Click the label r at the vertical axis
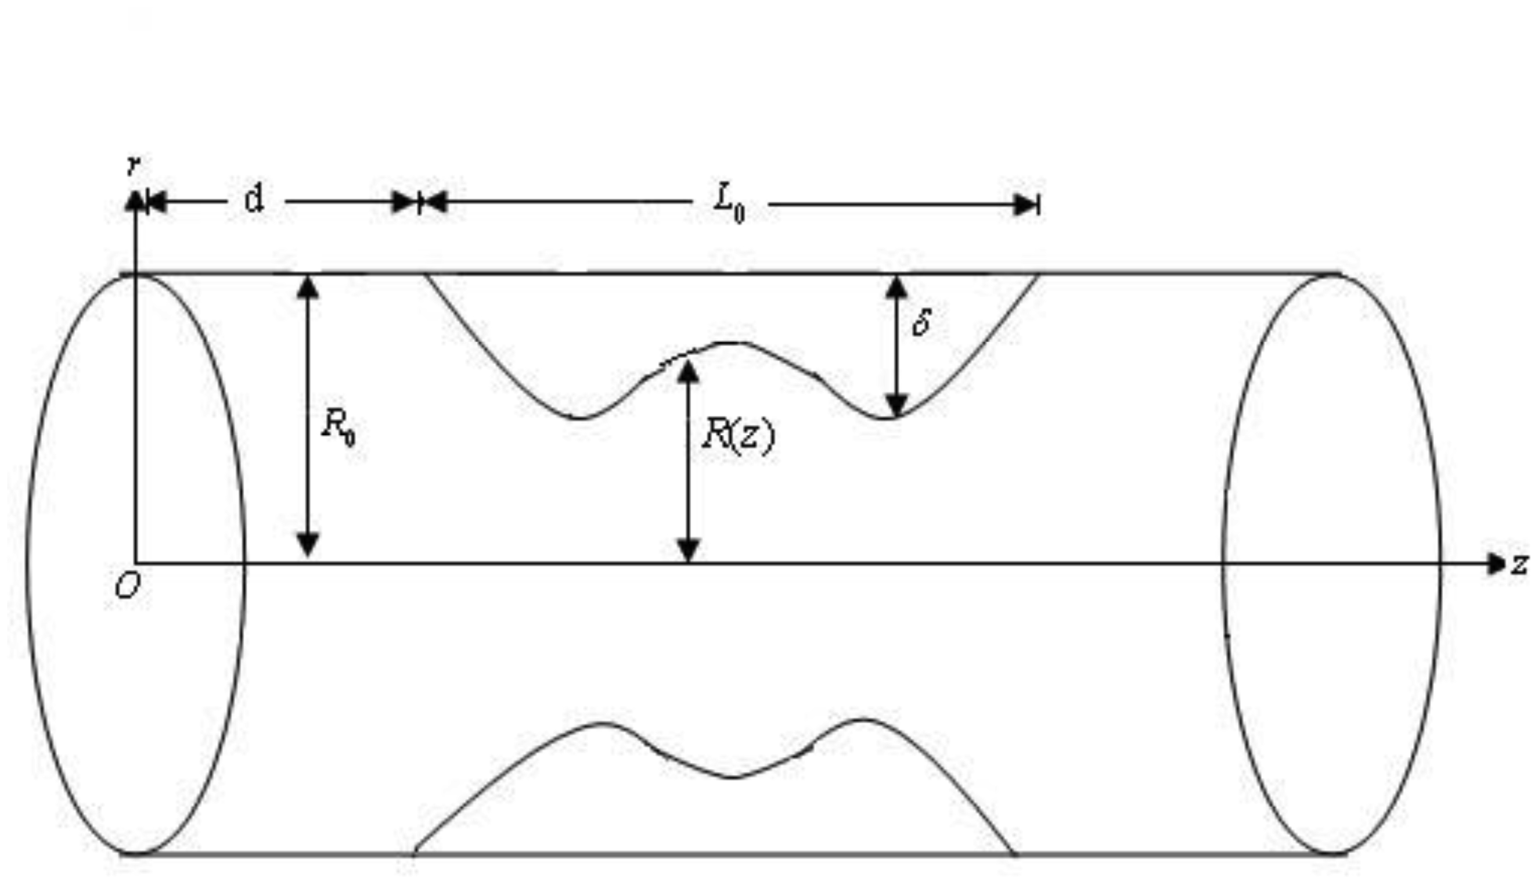pyautogui.click(x=134, y=165)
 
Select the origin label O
pyautogui.click(x=128, y=587)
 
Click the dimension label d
pyautogui.click(x=254, y=199)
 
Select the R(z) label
pyautogui.click(x=737, y=436)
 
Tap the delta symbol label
pyautogui.click(x=921, y=322)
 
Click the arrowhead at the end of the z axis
pyautogui.click(x=1496, y=564)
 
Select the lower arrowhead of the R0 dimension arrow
pyautogui.click(x=308, y=545)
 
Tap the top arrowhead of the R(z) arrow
pyautogui.click(x=687, y=372)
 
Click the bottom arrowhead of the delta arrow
pyautogui.click(x=896, y=404)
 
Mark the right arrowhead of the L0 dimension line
pyautogui.click(x=1025, y=205)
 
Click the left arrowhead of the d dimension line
pyautogui.click(x=157, y=202)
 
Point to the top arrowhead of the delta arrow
pyautogui.click(x=896, y=288)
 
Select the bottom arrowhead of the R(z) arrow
pyautogui.click(x=687, y=549)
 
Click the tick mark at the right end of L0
pyautogui.click(x=1039, y=205)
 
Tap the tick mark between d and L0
pyautogui.click(x=419, y=202)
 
